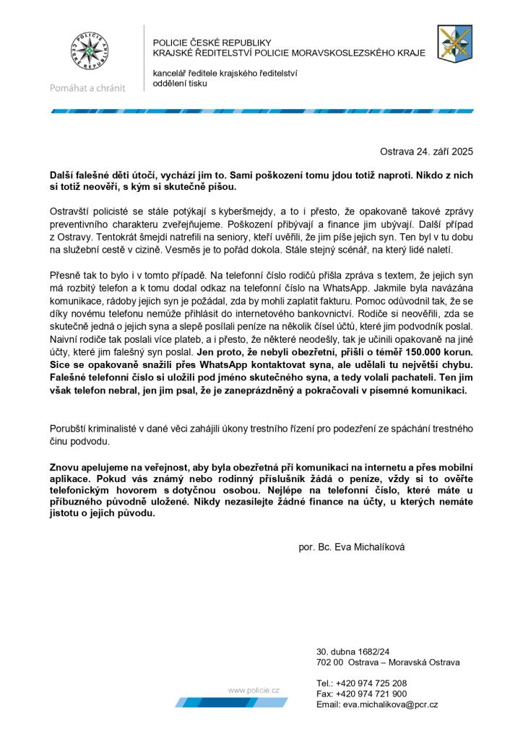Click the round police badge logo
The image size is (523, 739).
[x=88, y=53]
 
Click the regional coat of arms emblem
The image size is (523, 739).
[x=455, y=43]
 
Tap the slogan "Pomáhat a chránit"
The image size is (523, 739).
[x=87, y=88]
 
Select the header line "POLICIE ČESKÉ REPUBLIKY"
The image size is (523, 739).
[x=212, y=43]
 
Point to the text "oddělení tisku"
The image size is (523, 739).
[x=180, y=84]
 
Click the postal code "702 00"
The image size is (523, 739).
[x=329, y=663]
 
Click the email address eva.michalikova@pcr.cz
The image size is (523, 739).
[x=390, y=704]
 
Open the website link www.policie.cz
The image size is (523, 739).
[x=254, y=690]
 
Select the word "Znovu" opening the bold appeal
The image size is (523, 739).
[x=64, y=466]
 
